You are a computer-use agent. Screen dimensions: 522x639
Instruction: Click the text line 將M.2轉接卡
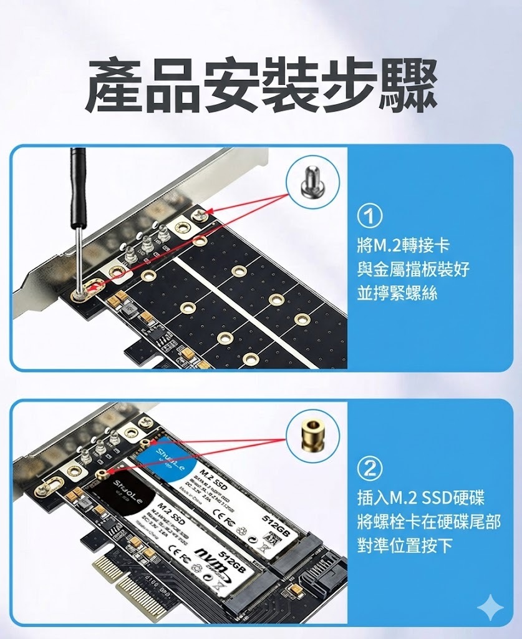[x=403, y=244]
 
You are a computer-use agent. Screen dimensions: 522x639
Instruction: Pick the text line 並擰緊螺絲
[x=397, y=293]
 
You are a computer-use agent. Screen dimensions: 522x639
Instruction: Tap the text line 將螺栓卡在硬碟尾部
[x=428, y=522]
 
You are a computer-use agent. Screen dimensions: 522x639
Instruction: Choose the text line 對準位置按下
[x=405, y=546]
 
